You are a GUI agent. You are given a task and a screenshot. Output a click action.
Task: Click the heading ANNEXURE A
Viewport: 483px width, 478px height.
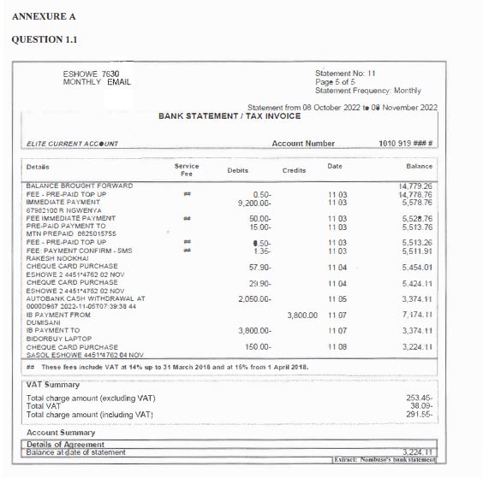tap(39, 16)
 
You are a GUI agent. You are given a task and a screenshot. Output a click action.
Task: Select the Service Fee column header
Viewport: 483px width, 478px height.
tap(187, 168)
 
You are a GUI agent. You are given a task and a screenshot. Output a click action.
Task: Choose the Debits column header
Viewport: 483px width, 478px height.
tap(238, 171)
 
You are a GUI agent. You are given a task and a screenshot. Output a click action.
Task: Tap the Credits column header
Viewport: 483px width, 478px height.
tap(294, 171)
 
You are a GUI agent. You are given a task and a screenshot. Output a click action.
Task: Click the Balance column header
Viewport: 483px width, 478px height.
tap(419, 166)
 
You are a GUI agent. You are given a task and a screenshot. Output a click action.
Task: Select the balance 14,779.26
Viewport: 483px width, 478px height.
tap(414, 186)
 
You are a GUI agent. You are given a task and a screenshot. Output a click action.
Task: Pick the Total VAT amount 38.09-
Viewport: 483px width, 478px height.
tap(419, 406)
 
